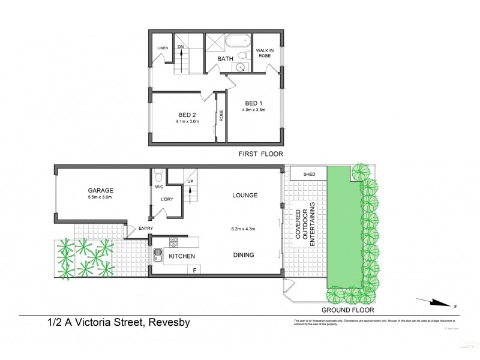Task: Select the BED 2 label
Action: click(187, 115)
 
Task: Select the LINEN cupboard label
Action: click(163, 48)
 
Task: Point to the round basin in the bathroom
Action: click(241, 67)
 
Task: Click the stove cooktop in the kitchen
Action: click(174, 243)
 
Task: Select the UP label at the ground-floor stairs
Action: click(191, 181)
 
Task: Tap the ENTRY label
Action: click(145, 228)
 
